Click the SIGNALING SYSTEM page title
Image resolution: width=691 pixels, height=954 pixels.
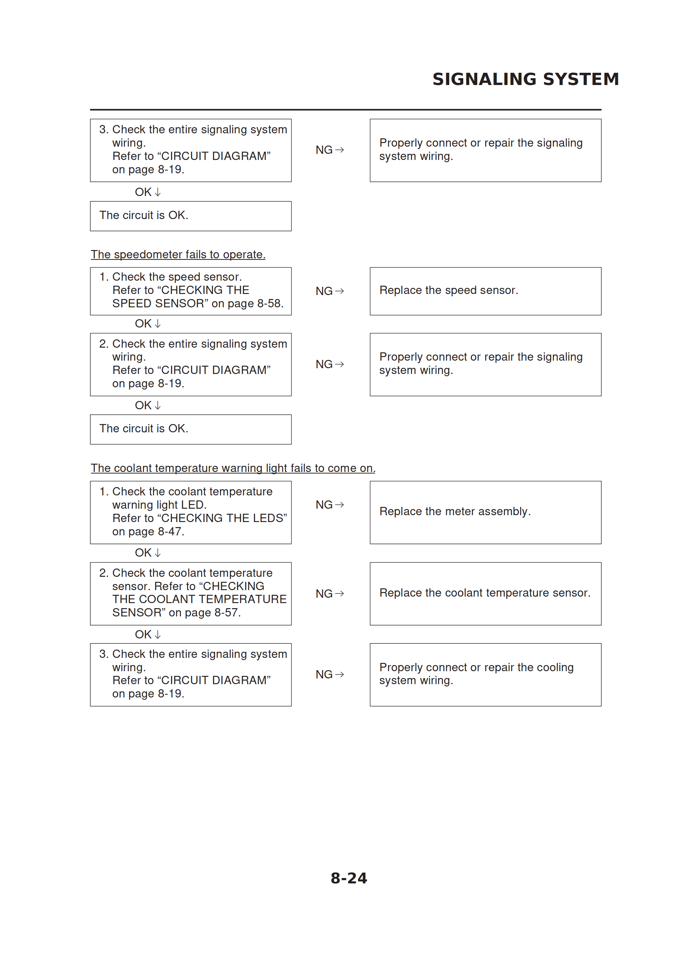525,79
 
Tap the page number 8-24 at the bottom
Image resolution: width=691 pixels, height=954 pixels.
348,878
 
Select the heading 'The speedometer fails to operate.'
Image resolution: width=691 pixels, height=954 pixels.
178,254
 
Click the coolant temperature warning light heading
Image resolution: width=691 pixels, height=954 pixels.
233,468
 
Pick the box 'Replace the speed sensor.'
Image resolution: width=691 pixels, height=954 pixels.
485,291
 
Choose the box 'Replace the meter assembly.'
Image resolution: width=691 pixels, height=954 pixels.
485,512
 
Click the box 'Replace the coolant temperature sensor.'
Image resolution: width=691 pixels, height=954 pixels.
485,593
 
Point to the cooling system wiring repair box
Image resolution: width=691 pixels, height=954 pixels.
485,674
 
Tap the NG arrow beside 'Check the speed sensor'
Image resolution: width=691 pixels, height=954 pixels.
330,291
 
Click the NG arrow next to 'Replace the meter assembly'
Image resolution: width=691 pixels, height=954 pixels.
330,505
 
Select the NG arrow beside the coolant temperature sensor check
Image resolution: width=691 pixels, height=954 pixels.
330,593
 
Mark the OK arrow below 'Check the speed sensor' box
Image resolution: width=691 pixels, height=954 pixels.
148,324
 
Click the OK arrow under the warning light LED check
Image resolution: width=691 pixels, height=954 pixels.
148,553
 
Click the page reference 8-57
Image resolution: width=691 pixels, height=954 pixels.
227,612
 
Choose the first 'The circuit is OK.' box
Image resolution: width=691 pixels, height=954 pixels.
190,216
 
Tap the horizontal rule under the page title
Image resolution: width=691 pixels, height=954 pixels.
345,110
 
